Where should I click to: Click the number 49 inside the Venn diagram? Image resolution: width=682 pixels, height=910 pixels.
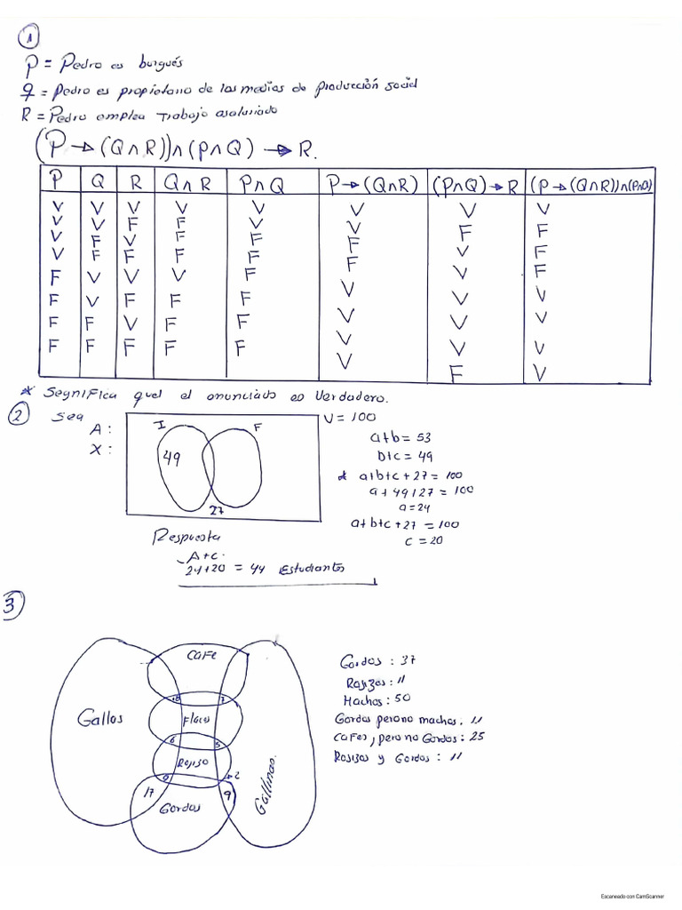point(170,458)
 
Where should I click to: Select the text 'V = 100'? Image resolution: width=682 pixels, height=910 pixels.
point(351,417)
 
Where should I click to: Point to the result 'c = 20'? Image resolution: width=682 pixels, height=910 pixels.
point(424,541)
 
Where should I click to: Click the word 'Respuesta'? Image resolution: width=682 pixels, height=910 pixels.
point(189,538)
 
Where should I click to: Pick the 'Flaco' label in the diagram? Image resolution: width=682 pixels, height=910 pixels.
point(194,717)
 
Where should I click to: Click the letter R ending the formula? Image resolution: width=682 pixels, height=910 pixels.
point(306,149)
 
